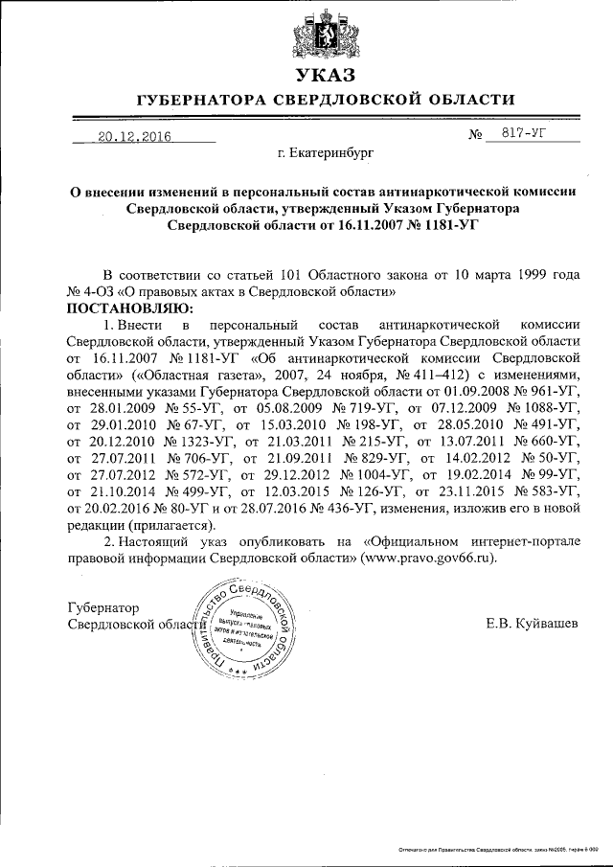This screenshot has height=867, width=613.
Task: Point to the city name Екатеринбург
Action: [325, 152]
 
